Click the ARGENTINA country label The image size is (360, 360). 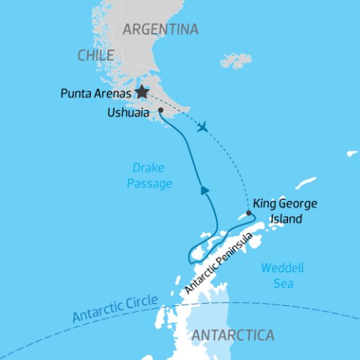(160, 30)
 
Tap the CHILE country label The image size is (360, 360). (95, 55)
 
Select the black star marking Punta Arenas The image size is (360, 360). (142, 92)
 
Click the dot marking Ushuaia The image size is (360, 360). (160, 109)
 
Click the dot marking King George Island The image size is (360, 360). (249, 213)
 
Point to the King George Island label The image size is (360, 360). (285, 211)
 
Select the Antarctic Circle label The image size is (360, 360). (115, 309)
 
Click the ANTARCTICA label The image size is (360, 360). (233, 335)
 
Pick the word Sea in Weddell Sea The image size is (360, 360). (283, 283)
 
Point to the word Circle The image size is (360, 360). (140, 303)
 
